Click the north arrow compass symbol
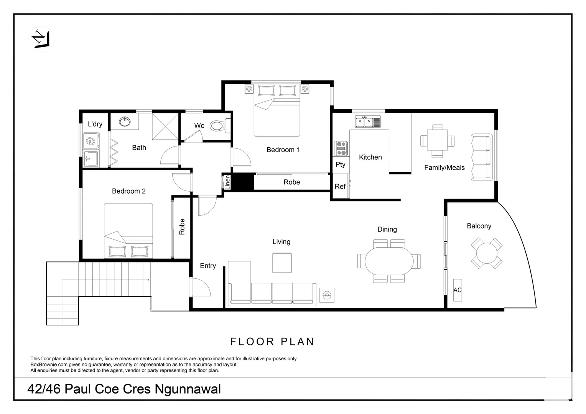[x=40, y=39]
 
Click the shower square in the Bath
[x=165, y=127]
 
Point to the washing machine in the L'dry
[x=91, y=141]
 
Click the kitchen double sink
[x=364, y=122]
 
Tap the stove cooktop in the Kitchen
[x=341, y=148]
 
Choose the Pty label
[x=340, y=164]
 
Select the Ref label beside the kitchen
[x=340, y=187]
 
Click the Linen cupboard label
[x=227, y=182]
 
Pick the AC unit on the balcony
[x=458, y=290]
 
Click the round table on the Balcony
[x=487, y=253]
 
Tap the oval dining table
[x=389, y=261]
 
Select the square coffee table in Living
[x=282, y=263]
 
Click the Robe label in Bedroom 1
[x=291, y=182]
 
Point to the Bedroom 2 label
[x=128, y=191]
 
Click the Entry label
[x=208, y=266]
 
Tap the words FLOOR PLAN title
[x=272, y=342]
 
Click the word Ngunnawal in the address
[x=188, y=389]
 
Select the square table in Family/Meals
[x=437, y=141]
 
